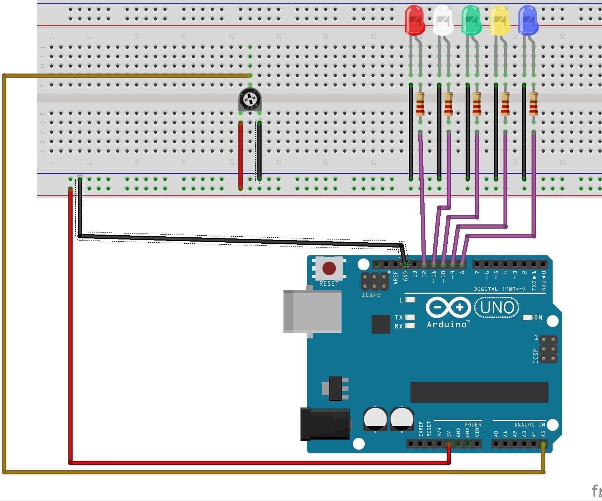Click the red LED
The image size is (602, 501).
(x=414, y=20)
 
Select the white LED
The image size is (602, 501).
(x=443, y=20)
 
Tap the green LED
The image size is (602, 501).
(x=471, y=20)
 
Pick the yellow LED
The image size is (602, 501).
(x=499, y=20)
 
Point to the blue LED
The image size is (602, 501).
(x=528, y=20)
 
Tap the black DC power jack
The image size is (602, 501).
(x=325, y=424)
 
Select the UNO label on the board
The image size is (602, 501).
(x=496, y=307)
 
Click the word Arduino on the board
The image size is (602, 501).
(x=447, y=325)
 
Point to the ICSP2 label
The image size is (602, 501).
(x=371, y=295)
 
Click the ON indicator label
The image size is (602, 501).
(x=538, y=317)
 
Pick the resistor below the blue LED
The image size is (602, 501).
(x=533, y=104)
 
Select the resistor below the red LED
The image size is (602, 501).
(x=420, y=104)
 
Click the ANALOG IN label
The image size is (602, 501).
(x=529, y=425)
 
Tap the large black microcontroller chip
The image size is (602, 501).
(x=479, y=392)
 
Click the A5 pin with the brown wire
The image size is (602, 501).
(x=543, y=444)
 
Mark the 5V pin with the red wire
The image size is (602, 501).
(x=448, y=444)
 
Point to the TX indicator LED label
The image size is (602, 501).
(x=399, y=317)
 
